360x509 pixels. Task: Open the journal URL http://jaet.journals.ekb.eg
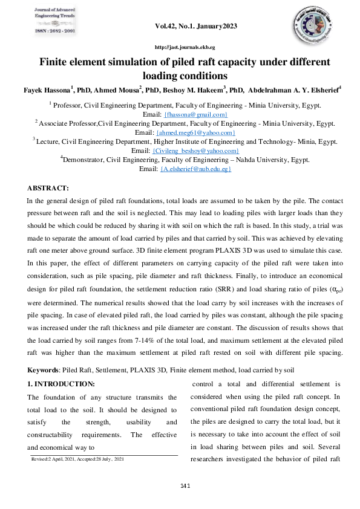(x=185, y=47)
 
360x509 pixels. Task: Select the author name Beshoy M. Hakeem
(x=194, y=89)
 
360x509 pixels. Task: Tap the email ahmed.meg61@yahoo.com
(x=195, y=132)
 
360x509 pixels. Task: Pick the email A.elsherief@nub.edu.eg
(x=195, y=169)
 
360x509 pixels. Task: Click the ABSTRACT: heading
(x=48, y=189)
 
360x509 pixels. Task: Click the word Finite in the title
(x=56, y=62)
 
